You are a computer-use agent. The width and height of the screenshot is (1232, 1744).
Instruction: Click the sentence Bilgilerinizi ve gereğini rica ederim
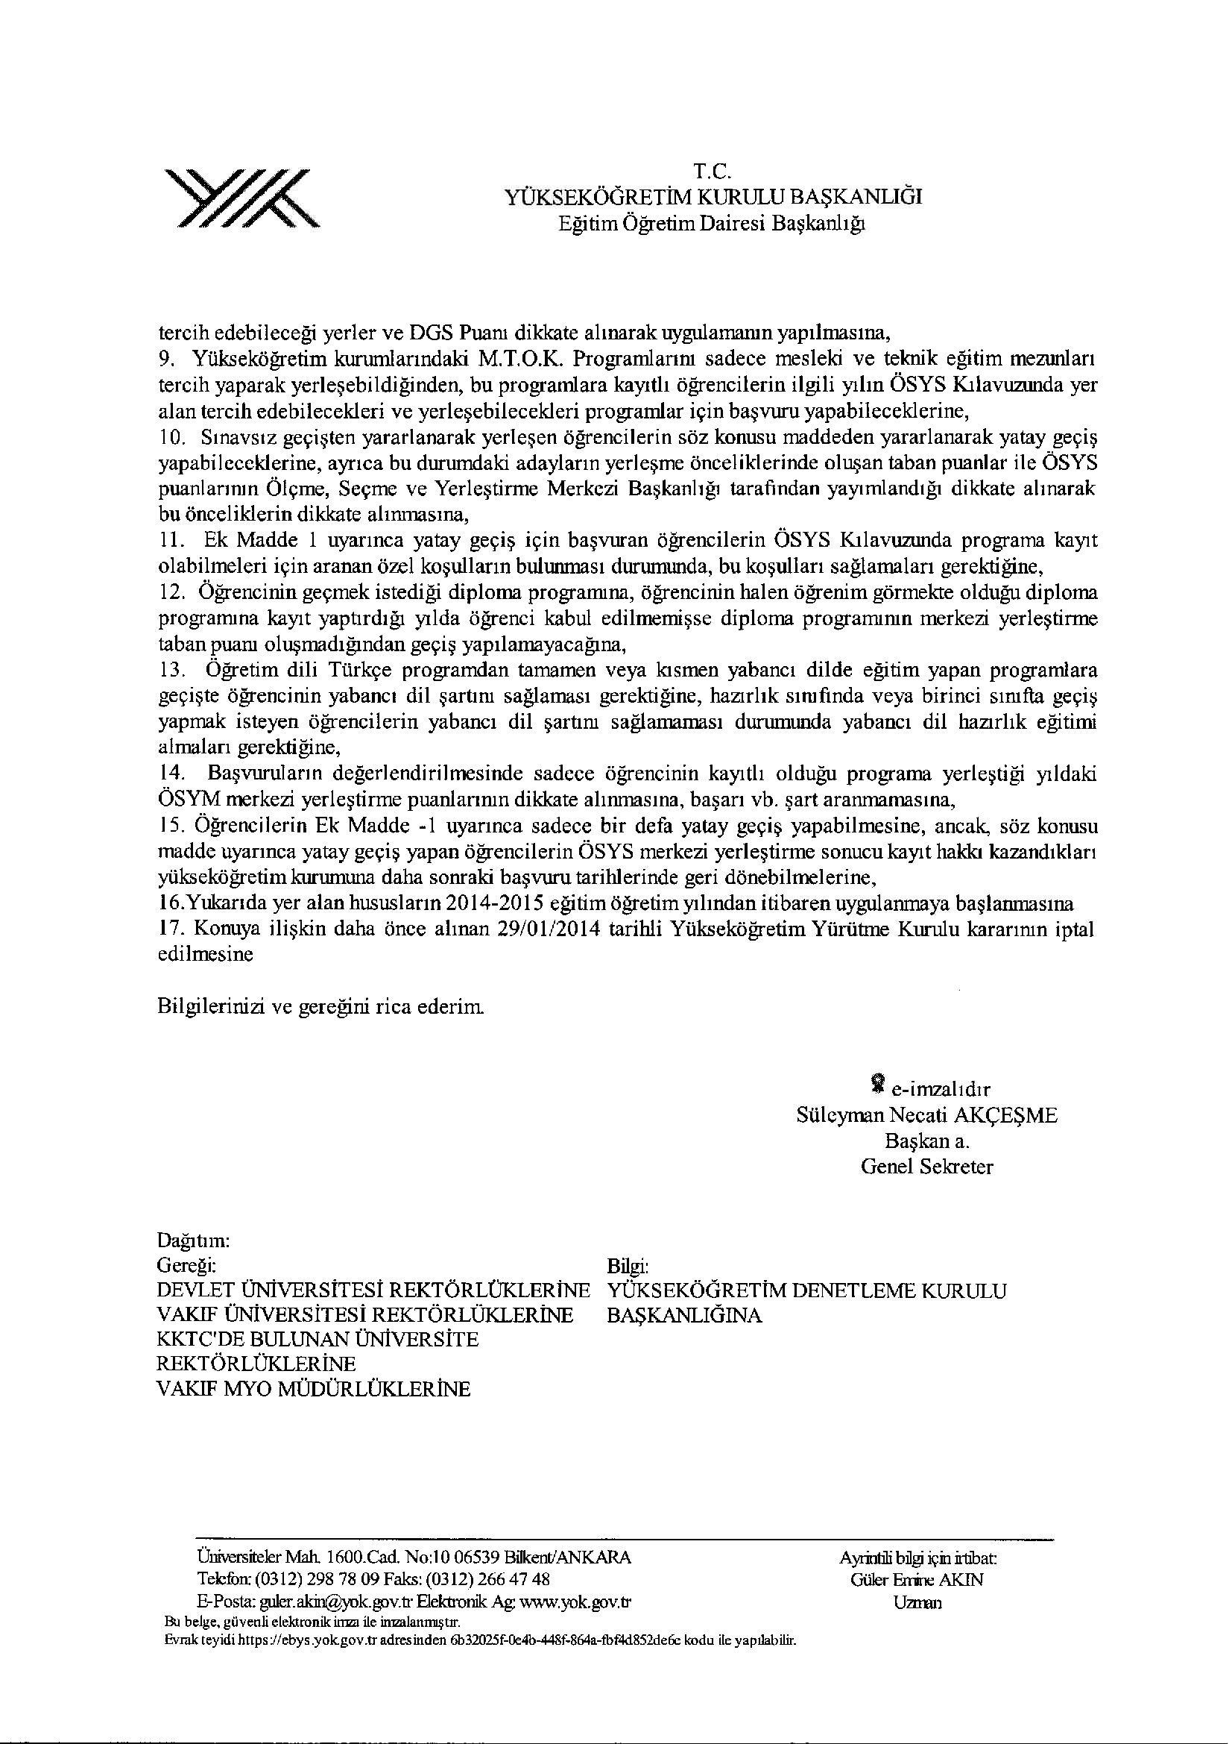point(320,1008)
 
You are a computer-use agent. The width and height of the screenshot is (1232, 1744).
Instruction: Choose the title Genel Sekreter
point(926,1167)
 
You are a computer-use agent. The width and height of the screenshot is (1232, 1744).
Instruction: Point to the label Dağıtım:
point(193,1240)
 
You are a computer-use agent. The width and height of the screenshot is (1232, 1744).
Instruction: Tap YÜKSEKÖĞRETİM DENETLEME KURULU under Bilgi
point(807,1290)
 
